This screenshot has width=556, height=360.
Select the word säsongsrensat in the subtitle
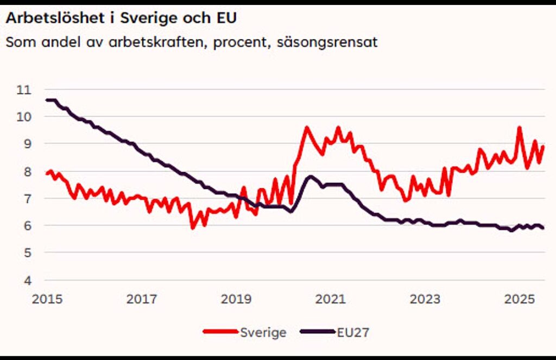click(327, 42)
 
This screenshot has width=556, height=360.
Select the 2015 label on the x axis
click(47, 299)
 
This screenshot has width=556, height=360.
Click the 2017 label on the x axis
click(142, 299)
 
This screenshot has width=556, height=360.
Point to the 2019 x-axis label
click(236, 299)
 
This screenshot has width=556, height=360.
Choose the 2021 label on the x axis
click(331, 299)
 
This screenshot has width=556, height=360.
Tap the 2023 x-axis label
click(425, 299)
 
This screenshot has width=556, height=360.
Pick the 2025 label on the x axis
click(520, 299)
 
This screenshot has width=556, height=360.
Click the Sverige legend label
click(263, 332)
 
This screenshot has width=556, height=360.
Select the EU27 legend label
click(353, 332)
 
